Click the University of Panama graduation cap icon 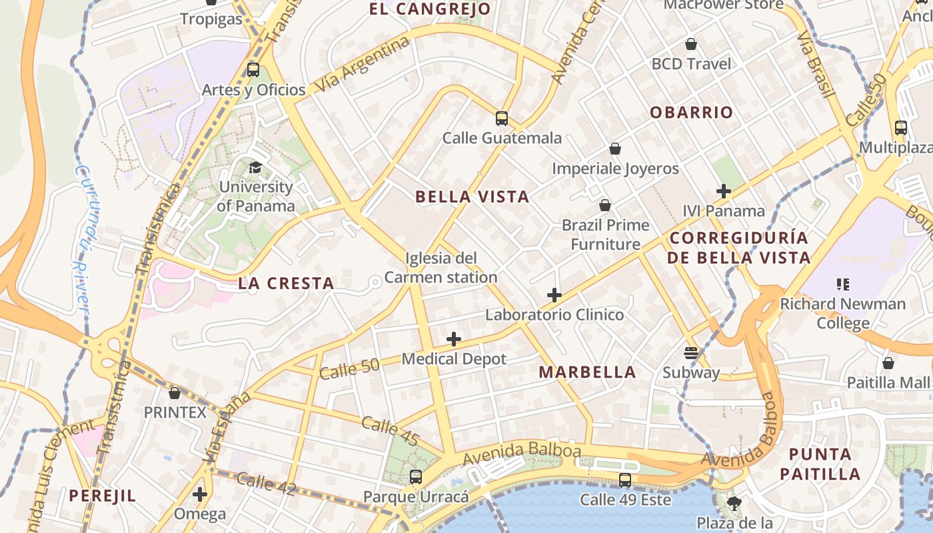pos(255,167)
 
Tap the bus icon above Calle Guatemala pos(502,119)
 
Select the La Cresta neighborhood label pos(286,283)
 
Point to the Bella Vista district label pos(472,197)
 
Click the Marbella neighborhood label pos(587,372)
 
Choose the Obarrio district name pos(691,112)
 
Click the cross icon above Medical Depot pos(454,339)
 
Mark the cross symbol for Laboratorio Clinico pos(554,294)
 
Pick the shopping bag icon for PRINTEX pos(175,393)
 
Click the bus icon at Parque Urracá pos(416,476)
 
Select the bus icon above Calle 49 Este pos(624,480)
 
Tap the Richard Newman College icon pos(842,284)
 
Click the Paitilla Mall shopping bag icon pos(888,363)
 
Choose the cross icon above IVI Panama pos(724,191)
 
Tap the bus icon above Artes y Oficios pos(253,69)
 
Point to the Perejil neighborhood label pos(103,496)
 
